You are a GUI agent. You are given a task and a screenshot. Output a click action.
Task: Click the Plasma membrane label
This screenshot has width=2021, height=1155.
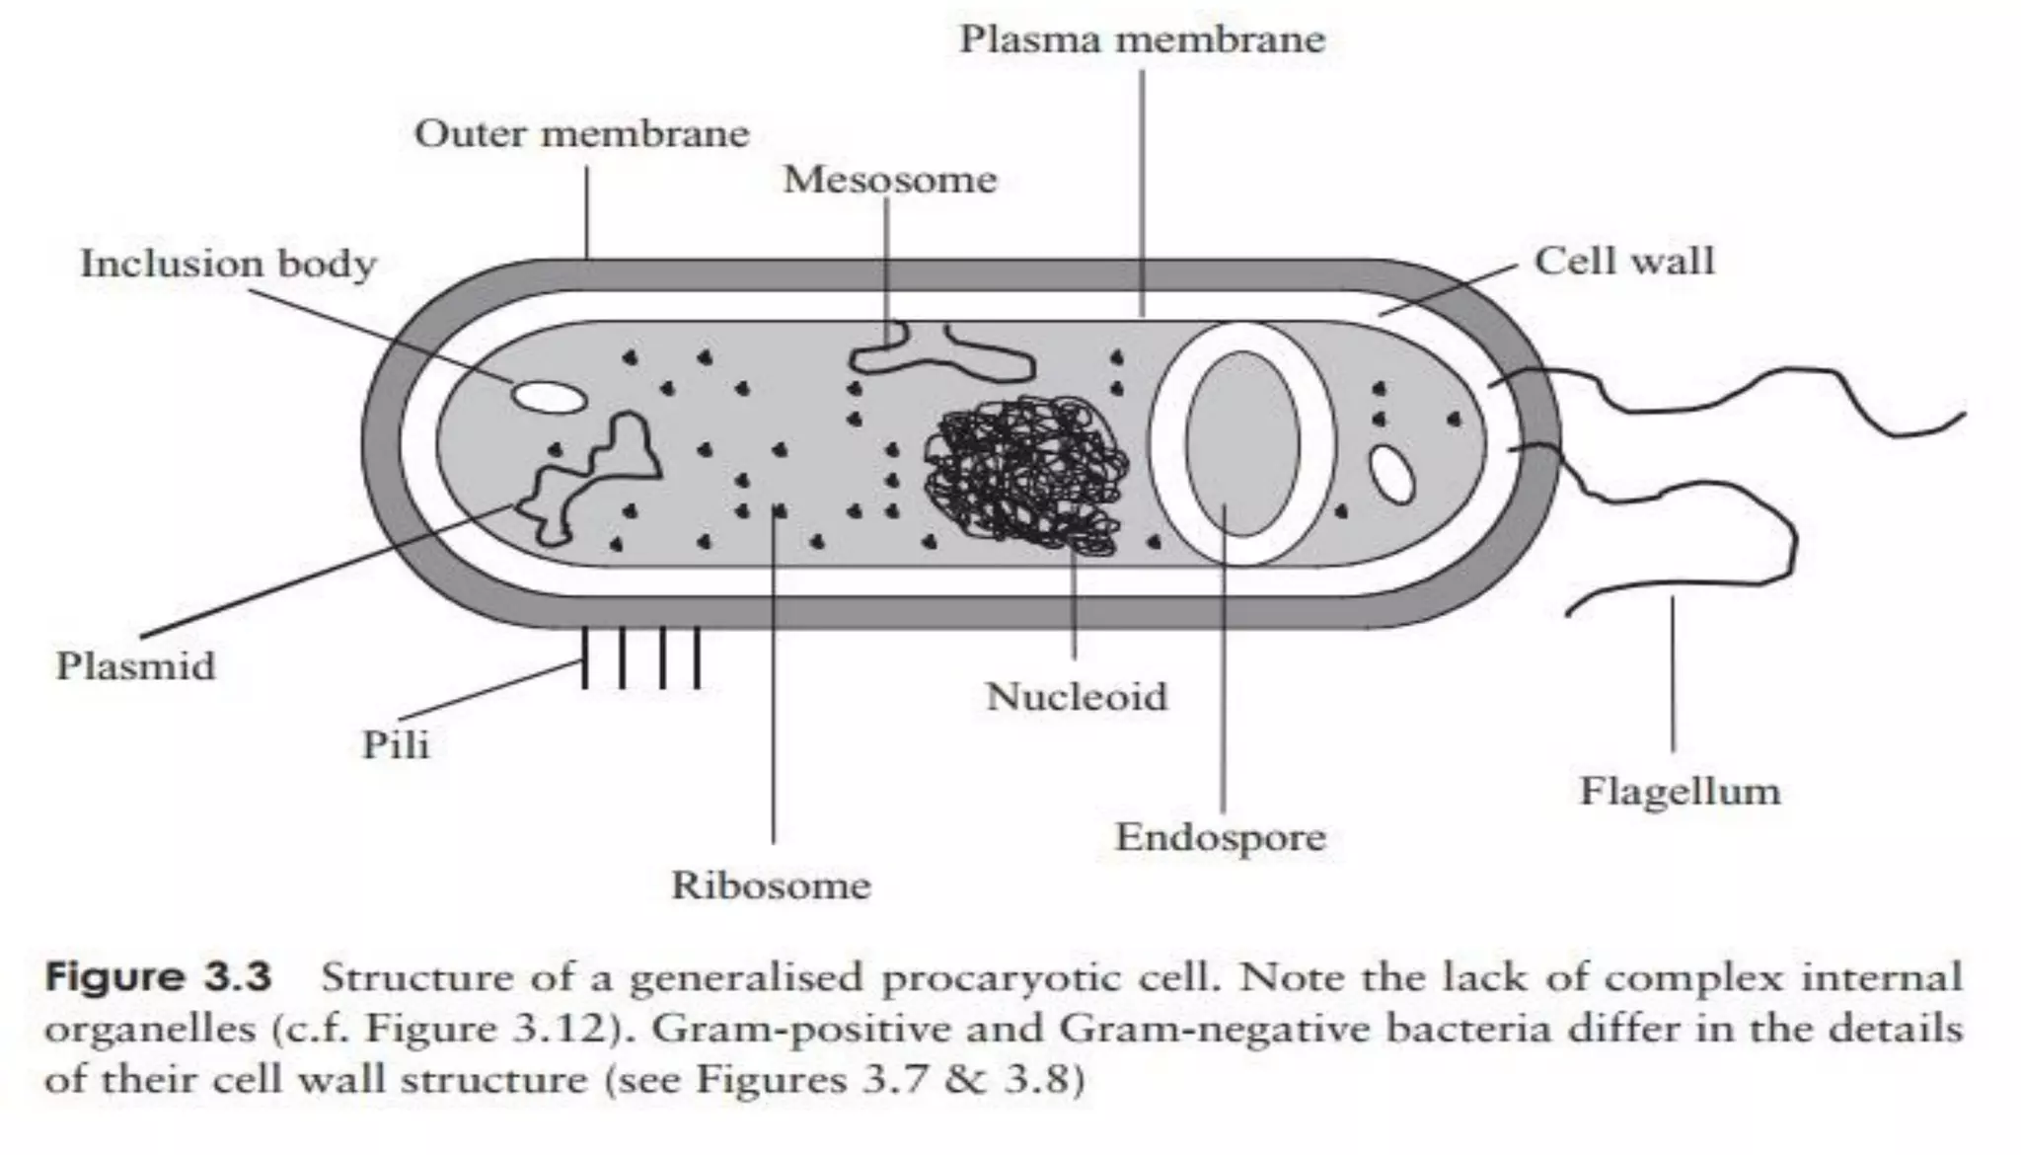(x=1142, y=39)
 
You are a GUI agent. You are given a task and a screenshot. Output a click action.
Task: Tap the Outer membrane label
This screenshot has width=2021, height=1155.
(x=581, y=133)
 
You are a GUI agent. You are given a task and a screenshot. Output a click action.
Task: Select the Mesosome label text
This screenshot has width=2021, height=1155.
(x=890, y=180)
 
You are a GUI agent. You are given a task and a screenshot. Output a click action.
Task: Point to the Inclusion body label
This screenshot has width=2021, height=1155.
(x=228, y=264)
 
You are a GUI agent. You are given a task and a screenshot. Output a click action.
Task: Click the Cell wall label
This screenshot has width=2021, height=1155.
(x=1623, y=261)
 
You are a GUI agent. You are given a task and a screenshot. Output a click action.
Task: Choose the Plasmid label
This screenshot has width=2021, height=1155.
(x=135, y=665)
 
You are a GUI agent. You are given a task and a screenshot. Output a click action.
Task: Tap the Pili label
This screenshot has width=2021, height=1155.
(x=396, y=744)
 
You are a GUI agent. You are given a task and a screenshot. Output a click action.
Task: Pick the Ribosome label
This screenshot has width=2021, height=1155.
(x=771, y=885)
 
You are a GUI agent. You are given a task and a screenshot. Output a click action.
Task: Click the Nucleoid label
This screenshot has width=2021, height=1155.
(x=1076, y=697)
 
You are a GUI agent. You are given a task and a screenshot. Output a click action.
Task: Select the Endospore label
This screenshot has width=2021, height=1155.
(x=1221, y=837)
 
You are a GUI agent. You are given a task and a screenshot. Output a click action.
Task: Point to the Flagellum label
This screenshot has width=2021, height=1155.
(x=1680, y=791)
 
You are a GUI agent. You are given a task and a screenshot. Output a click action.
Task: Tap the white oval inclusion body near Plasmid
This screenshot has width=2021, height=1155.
(x=548, y=397)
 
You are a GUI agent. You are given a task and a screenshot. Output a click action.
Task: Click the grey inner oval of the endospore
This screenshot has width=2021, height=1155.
(x=1242, y=444)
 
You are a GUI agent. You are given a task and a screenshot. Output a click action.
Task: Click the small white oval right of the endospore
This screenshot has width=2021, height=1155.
(x=1391, y=475)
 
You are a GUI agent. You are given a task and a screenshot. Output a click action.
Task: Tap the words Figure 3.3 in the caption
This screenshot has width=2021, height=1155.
(x=158, y=977)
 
